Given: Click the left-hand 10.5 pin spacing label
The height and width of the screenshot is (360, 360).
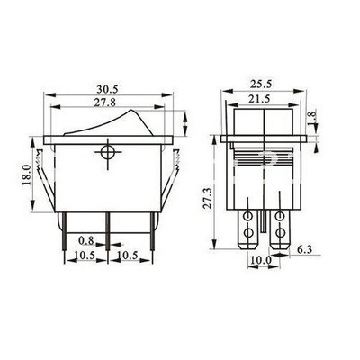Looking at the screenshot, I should click(85, 256).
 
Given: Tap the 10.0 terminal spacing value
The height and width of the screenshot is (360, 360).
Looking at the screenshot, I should click(258, 261).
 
